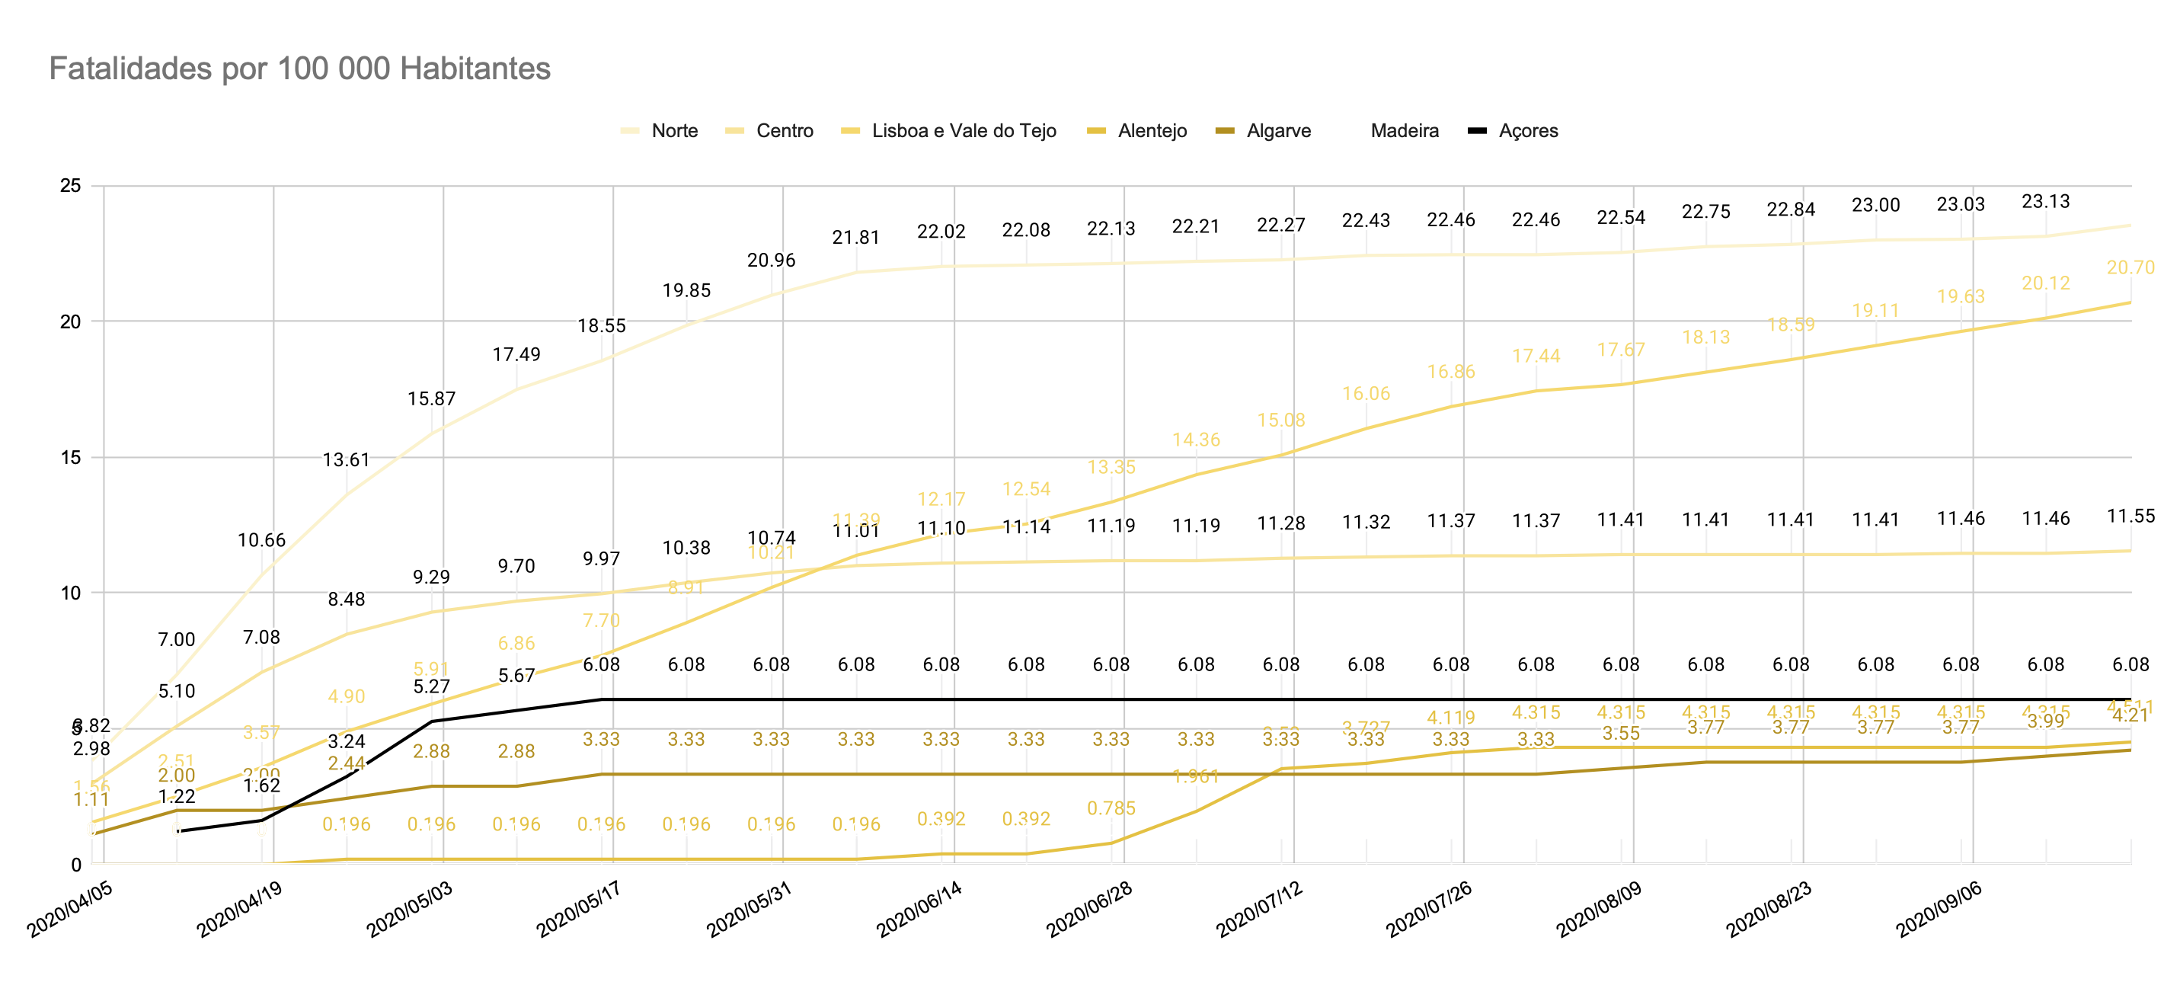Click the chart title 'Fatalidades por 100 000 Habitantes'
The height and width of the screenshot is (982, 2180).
click(x=299, y=69)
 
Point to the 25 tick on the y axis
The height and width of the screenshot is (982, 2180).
click(x=71, y=185)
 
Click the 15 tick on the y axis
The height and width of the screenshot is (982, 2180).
click(x=71, y=457)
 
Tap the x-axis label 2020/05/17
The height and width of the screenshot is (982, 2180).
click(x=579, y=909)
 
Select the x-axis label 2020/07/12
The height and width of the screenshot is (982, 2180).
click(x=1258, y=909)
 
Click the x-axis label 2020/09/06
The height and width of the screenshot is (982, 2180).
click(x=1938, y=909)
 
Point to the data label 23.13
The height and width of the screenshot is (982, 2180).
click(x=2045, y=201)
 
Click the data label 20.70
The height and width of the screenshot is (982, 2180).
click(x=2130, y=267)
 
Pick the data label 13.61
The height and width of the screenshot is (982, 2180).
click(x=346, y=459)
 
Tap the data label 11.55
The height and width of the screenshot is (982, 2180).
click(x=2130, y=516)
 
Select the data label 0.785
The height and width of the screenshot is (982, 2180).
click(x=1111, y=808)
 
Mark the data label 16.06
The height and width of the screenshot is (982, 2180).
click(x=1366, y=394)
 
